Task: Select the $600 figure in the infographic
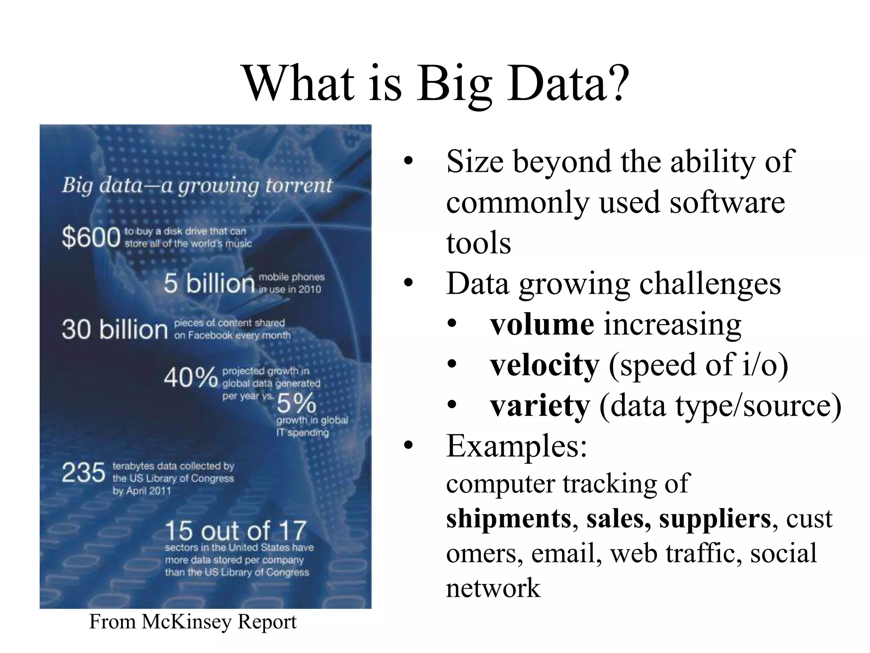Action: coord(91,237)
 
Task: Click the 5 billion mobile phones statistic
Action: coord(209,283)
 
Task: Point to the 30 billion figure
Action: coord(115,329)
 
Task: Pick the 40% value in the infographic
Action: coord(191,377)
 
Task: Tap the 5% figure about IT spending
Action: coord(297,403)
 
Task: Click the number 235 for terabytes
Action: coord(83,473)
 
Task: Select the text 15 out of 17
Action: coord(235,531)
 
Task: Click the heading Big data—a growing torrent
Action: coord(197,185)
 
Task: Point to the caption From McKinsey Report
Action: coord(192,622)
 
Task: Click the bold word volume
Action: coord(542,325)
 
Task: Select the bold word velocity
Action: coord(545,365)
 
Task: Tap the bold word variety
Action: coord(540,406)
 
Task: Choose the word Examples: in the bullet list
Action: coord(517,446)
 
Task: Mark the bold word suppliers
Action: coord(715,519)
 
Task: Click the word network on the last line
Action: coord(493,588)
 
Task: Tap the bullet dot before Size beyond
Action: coord(408,162)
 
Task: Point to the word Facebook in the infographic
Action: coord(210,335)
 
